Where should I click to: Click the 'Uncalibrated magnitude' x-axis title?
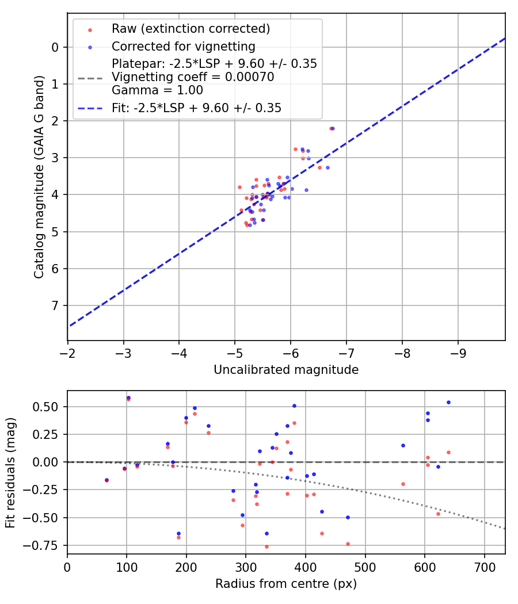tap(286, 370)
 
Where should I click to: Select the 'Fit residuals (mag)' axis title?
tap(11, 472)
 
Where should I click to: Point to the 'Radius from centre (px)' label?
tap(286, 584)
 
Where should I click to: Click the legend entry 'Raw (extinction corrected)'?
tap(191, 29)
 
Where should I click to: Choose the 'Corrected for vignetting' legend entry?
tap(183, 46)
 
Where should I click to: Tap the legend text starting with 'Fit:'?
tap(196, 108)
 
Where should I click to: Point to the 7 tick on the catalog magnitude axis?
tap(55, 305)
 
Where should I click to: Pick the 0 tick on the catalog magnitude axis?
tap(55, 47)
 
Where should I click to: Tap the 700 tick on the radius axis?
tap(484, 567)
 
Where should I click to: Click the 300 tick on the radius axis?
tap(246, 567)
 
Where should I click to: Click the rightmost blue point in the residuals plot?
tap(448, 402)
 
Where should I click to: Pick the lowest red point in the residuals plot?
tap(266, 546)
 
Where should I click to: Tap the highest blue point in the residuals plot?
tap(128, 397)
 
